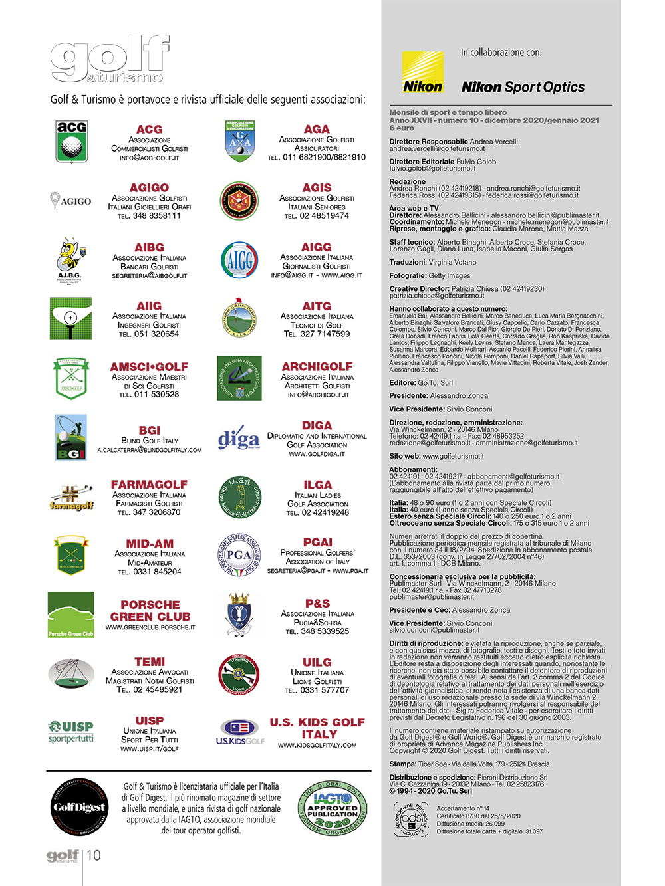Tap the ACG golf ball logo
pyautogui.click(x=71, y=142)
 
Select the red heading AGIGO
pyautogui.click(x=150, y=188)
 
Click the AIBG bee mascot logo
pyautogui.click(x=70, y=260)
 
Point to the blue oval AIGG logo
pyautogui.click(x=239, y=260)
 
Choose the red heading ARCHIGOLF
pyautogui.click(x=317, y=366)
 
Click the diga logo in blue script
pyautogui.click(x=239, y=439)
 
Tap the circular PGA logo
pyautogui.click(x=239, y=555)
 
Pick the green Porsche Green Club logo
pyautogui.click(x=70, y=615)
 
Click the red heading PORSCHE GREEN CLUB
pyautogui.click(x=150, y=610)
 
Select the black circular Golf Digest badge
pyautogui.click(x=80, y=807)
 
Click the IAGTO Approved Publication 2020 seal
pyautogui.click(x=333, y=808)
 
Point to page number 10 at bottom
pyautogui.click(x=94, y=855)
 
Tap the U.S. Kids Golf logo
pyautogui.click(x=240, y=732)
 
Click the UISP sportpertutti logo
pyautogui.click(x=70, y=732)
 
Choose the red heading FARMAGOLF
pyautogui.click(x=149, y=485)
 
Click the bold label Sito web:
pyautogui.click(x=405, y=456)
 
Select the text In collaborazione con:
pyautogui.click(x=501, y=53)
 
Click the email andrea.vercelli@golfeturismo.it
pyautogui.click(x=437, y=148)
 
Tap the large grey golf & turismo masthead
pyautogui.click(x=110, y=60)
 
